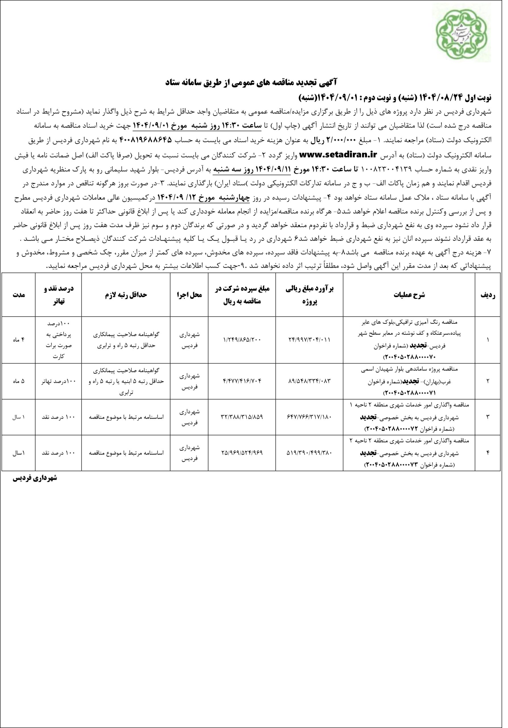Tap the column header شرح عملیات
[x=409, y=295]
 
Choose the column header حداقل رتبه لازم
[x=126, y=295]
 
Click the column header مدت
[x=19, y=295]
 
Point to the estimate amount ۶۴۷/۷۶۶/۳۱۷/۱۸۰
[x=309, y=417]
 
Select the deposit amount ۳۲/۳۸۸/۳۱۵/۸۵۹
[x=242, y=417]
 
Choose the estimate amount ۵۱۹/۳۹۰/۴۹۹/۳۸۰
[x=309, y=453]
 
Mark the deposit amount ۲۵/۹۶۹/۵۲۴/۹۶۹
[x=242, y=453]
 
